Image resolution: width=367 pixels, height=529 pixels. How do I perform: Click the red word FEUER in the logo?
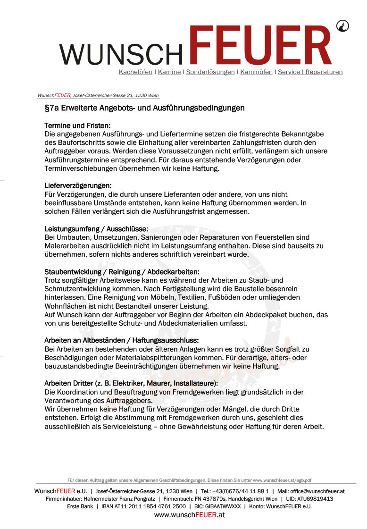click(262, 46)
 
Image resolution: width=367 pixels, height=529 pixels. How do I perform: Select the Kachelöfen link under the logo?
click(135, 72)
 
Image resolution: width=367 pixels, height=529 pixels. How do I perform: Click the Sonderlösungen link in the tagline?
click(210, 72)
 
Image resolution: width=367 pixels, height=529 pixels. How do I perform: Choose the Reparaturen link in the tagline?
click(324, 72)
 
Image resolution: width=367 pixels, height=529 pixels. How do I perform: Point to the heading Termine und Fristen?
click(77, 126)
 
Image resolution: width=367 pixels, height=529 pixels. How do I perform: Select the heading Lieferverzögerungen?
click(78, 186)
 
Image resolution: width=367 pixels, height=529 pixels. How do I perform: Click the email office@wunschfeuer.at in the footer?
click(317, 491)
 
